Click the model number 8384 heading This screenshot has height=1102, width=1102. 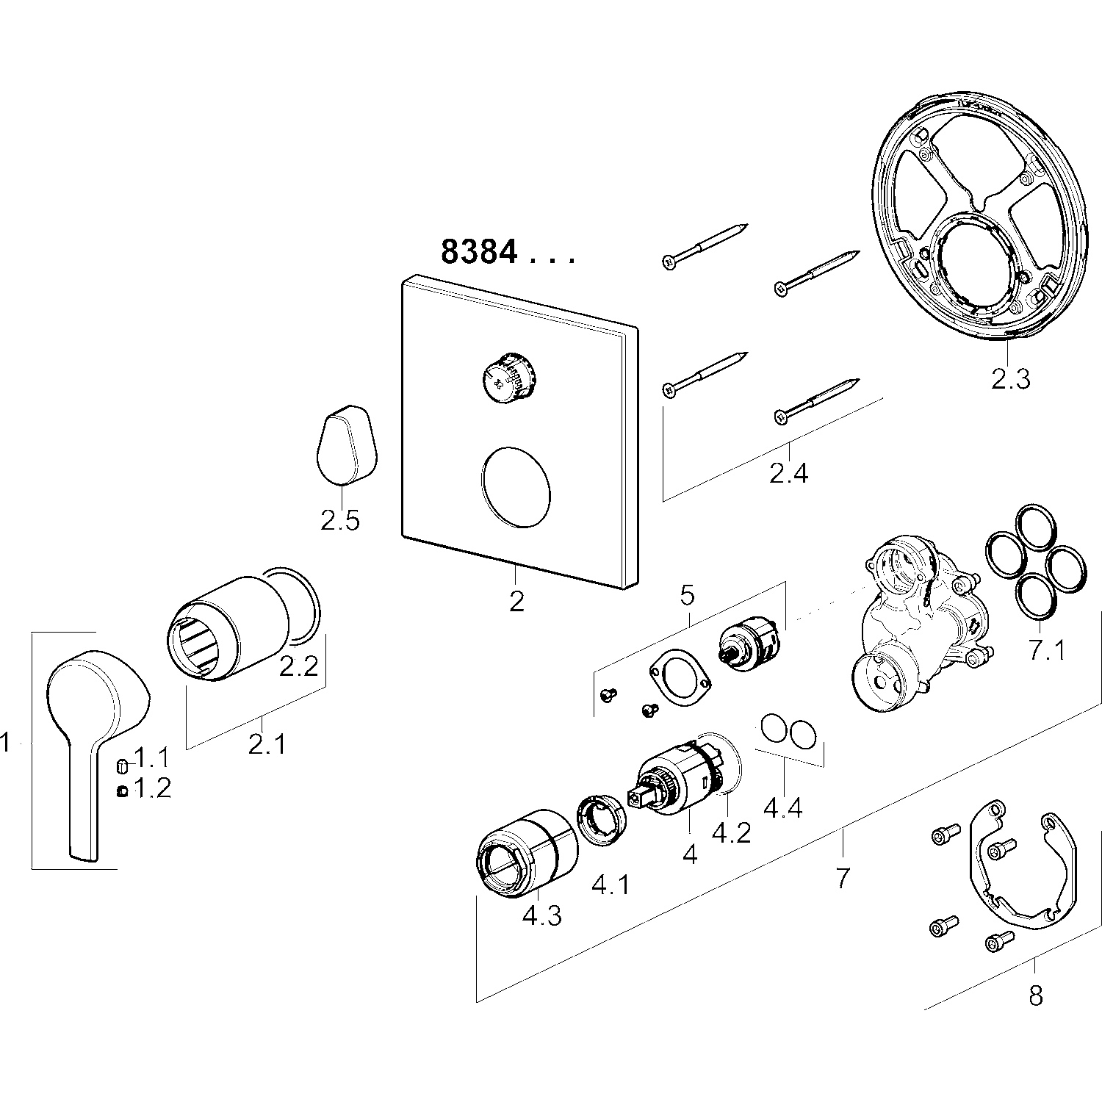point(479,252)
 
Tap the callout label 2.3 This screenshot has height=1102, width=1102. point(1011,378)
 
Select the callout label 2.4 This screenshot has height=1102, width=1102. point(789,472)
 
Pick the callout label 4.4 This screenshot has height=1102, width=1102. point(782,808)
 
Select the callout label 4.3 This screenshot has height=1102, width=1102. point(541,916)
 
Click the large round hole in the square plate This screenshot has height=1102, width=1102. point(516,486)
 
